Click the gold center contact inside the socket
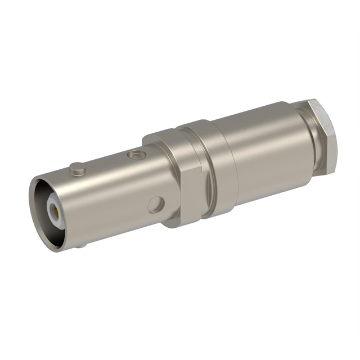point(54,211)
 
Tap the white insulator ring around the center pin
point(51,206)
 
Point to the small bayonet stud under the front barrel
point(82,245)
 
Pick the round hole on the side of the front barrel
point(156,204)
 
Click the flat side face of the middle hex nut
point(190,194)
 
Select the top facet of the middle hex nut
point(160,137)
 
